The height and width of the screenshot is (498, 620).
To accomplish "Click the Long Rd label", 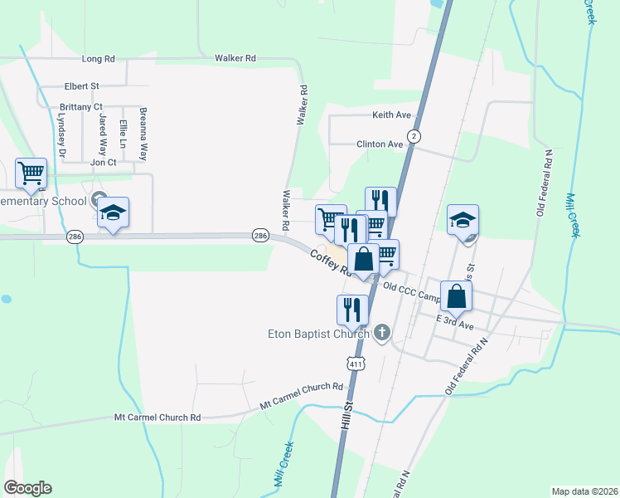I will pos(98,59).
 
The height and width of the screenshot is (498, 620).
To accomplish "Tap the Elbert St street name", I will pos(82,85).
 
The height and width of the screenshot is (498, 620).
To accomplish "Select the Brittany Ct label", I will pos(81,107).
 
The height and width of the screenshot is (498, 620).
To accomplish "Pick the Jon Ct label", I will pos(103,162).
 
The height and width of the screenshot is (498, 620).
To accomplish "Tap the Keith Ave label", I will pos(392,115).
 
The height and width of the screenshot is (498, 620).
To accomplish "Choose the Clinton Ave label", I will pos(380,144).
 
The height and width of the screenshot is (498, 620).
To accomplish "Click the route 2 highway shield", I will pos(413,135).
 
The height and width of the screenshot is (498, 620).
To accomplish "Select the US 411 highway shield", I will pos(356,364).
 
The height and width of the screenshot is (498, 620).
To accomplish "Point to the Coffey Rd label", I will pos(327,261).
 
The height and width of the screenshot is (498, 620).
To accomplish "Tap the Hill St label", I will pos(346,417).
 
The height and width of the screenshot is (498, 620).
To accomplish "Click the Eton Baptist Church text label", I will pos(317,334).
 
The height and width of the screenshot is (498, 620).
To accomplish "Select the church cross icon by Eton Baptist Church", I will pos(381,334).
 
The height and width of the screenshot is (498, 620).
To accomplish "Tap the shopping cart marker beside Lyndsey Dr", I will pos(31,173).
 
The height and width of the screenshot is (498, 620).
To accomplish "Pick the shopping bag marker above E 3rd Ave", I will pos(456,295).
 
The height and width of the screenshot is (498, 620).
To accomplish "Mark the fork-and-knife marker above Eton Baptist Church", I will pos(352,309).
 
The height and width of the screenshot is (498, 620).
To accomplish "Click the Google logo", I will pos(28,488).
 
